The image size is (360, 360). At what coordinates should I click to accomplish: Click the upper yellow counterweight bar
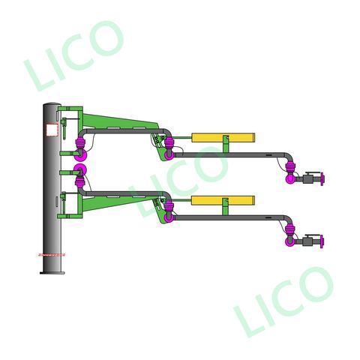pos(223,137)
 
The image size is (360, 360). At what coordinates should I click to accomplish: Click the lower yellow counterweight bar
pos(223,200)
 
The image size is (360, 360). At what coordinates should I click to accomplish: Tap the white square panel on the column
pos(52,130)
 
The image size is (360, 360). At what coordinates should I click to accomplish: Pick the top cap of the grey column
pos(52,103)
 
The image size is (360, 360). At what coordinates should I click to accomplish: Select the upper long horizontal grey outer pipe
pos(232,154)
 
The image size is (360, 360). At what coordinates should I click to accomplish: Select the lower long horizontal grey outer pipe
pos(232,217)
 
